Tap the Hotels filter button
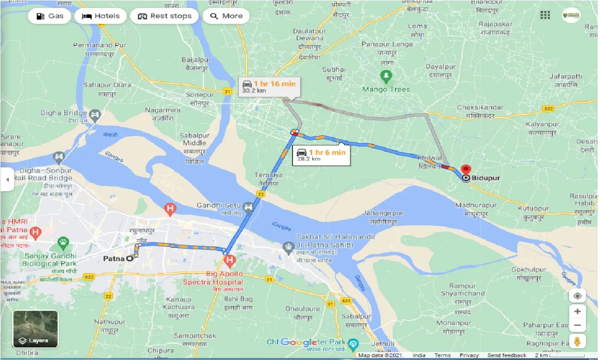click(100, 16)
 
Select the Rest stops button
click(164, 16)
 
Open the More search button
click(227, 16)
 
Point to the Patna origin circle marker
click(129, 258)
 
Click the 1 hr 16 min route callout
click(269, 86)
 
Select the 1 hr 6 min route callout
click(321, 155)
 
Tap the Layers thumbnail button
click(36, 329)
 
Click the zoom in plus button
click(578, 311)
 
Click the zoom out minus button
click(578, 325)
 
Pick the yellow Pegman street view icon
click(578, 341)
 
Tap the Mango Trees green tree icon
click(386, 75)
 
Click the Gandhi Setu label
click(218, 205)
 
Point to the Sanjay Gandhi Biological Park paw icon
click(63, 242)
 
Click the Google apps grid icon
click(545, 15)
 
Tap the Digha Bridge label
click(64, 113)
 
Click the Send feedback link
click(507, 355)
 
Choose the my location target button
click(578, 296)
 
